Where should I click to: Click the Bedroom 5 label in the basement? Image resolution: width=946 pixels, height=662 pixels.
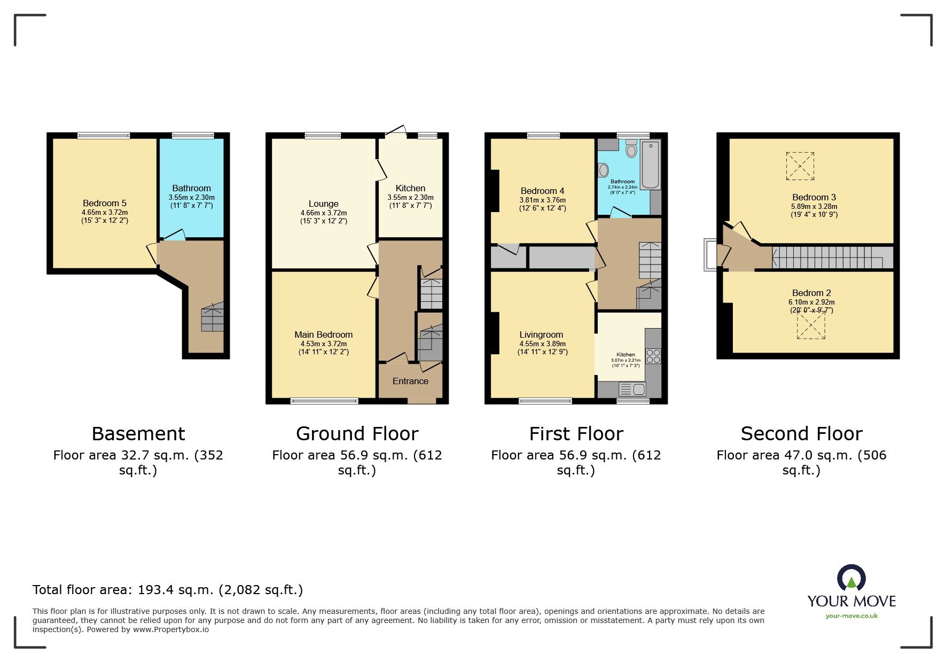coord(104,203)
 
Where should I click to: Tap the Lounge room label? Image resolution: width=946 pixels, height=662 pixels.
coord(323,204)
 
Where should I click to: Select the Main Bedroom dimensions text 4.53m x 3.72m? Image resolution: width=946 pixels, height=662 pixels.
coord(323,344)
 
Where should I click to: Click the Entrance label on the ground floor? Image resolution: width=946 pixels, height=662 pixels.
coord(410,381)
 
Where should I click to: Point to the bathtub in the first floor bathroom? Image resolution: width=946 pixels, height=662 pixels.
coord(651,165)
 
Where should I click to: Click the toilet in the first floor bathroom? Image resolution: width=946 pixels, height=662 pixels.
coord(631,149)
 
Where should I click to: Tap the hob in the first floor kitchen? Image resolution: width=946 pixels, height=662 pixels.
coord(653,356)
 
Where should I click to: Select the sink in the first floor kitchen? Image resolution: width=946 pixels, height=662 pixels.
coord(632,389)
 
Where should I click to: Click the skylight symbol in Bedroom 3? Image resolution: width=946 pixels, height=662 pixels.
coord(800,166)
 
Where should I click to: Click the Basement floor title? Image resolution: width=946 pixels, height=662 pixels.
coord(138,433)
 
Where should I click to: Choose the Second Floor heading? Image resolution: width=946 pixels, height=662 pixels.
coord(801,433)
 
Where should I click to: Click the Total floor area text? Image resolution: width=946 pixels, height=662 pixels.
coord(167,590)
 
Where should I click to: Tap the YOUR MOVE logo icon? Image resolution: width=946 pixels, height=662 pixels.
coord(851,579)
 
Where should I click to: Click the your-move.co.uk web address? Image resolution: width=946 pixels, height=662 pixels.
coord(851,616)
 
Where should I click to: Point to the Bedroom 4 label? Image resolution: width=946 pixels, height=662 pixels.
coord(542,191)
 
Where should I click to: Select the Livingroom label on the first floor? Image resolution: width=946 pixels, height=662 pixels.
coord(541,334)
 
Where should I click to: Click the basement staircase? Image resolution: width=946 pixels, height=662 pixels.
coord(212,318)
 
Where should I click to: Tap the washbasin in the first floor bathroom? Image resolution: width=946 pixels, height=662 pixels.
coord(604,170)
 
